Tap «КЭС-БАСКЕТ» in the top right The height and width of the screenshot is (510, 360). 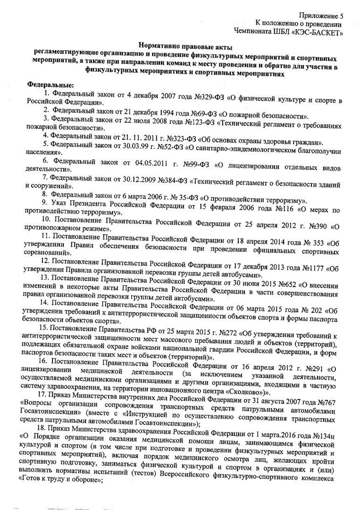click(x=321, y=32)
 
